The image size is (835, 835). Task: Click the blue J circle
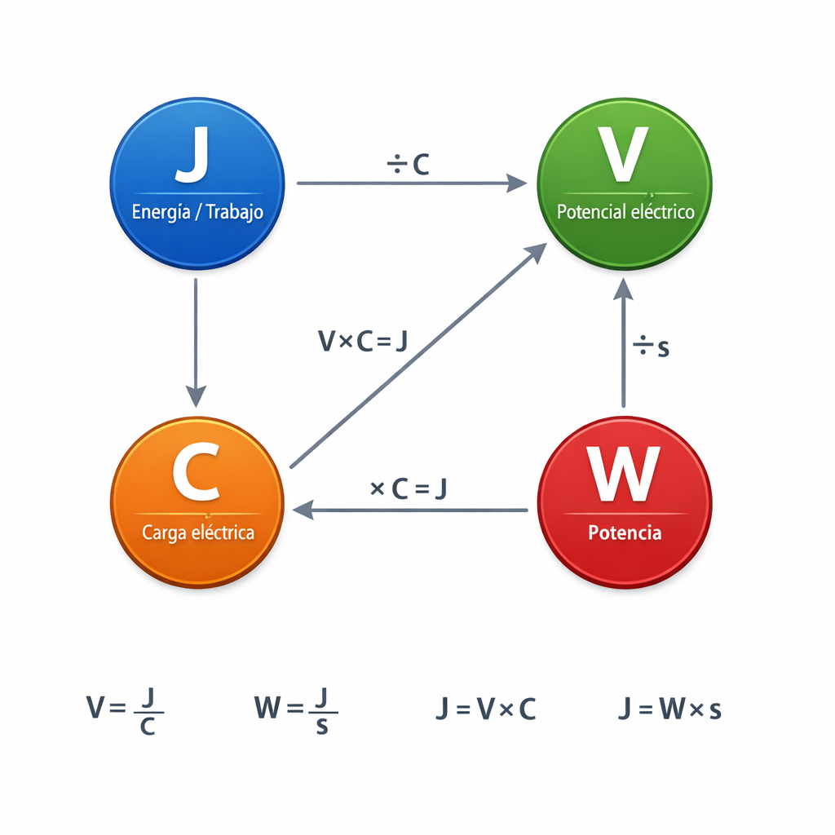point(197,183)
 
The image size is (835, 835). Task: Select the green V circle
point(624,183)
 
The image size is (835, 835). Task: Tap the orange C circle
point(197,501)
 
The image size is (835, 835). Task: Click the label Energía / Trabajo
point(197,212)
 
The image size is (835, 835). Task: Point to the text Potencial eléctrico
point(625,212)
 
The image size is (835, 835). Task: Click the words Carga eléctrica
point(198,533)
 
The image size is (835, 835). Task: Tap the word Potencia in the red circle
point(625,533)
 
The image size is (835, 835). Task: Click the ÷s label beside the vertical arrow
point(652,347)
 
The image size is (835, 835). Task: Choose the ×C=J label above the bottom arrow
point(408,488)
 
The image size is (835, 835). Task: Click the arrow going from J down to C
point(196,342)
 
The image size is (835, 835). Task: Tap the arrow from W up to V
point(624,342)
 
